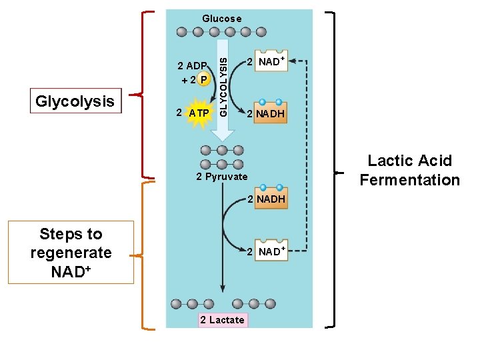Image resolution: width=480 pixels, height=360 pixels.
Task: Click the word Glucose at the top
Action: tap(222, 19)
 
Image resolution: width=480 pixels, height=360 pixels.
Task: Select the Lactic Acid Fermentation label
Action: tap(409, 170)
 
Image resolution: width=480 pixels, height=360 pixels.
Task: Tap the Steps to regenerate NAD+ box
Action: tap(71, 253)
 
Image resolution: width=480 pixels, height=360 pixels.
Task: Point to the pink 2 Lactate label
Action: tap(222, 320)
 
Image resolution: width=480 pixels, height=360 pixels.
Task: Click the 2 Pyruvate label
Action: tap(221, 177)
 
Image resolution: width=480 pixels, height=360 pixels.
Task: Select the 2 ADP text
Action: tap(192, 66)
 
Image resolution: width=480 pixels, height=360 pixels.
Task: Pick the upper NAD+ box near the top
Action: tap(270, 62)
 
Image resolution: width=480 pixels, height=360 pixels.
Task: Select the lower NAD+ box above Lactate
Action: tap(270, 251)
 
